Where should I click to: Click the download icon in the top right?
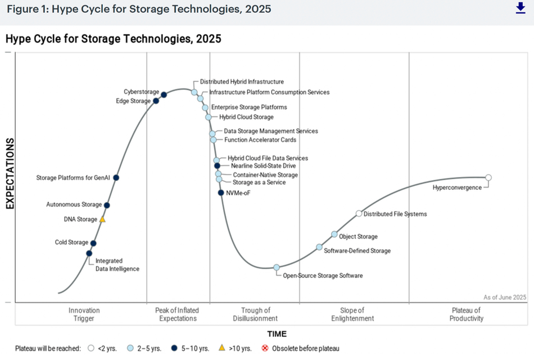point(520,8)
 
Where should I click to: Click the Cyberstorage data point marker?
point(164,94)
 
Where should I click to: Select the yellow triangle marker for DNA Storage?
point(102,220)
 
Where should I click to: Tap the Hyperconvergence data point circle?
point(488,177)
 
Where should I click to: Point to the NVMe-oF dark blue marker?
point(221,193)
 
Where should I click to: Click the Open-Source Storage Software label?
point(322,276)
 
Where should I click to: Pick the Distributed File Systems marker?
point(359,213)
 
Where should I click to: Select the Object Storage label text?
point(358,236)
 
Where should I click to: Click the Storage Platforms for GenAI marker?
point(116,177)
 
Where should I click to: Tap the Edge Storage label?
point(133,101)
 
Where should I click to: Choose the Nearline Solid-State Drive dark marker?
point(217,166)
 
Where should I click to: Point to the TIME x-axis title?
point(277,334)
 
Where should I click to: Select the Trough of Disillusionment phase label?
point(255,315)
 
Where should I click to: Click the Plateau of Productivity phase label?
point(466,315)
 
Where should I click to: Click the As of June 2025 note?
point(505,297)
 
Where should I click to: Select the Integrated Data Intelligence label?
point(117,265)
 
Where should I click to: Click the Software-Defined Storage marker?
point(319,247)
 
